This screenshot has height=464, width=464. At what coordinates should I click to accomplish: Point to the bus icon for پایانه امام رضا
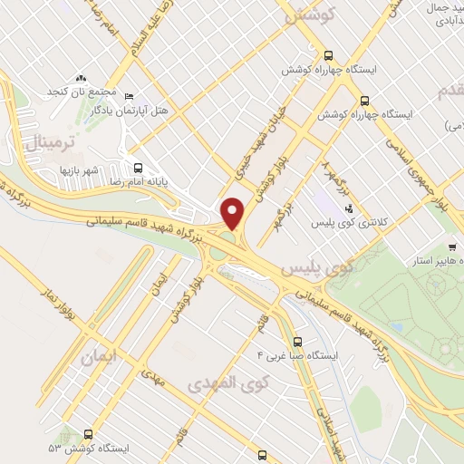[x=139, y=168]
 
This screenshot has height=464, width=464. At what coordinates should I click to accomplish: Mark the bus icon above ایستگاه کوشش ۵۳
[x=88, y=434]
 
